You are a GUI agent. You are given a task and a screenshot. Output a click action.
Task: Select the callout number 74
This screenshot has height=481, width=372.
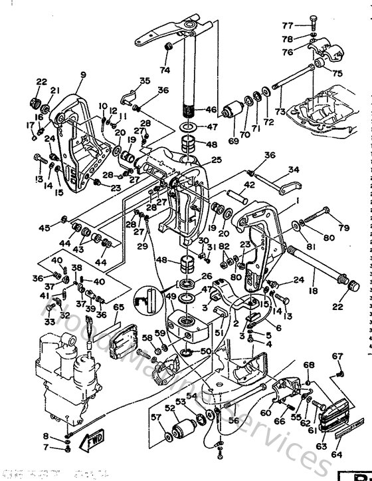click(165, 69)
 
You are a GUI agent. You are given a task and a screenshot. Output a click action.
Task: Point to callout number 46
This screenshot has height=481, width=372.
click(211, 109)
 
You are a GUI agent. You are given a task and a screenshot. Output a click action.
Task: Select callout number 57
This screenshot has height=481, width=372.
click(156, 418)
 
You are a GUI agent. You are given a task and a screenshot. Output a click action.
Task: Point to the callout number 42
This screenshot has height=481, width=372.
click(250, 185)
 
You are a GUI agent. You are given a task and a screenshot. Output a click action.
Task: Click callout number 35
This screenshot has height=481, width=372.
click(145, 82)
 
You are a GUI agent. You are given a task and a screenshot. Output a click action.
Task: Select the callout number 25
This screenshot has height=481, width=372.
click(217, 160)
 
